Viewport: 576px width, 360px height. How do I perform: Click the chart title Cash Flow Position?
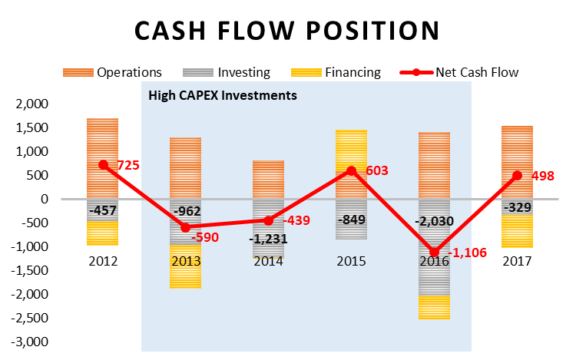click(x=287, y=30)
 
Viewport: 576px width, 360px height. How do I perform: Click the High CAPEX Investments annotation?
click(x=222, y=97)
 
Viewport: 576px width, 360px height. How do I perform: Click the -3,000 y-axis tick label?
click(x=31, y=341)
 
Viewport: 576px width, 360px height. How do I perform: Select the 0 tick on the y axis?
click(x=45, y=199)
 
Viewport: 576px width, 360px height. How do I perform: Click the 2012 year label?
click(x=103, y=261)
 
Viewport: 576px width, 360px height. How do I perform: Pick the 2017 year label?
click(x=518, y=261)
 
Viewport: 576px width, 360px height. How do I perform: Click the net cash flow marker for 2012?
click(x=103, y=164)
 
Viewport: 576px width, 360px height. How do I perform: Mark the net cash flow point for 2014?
click(x=269, y=220)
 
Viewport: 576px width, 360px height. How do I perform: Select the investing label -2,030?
click(x=435, y=221)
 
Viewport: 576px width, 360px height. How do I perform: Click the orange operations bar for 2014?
click(x=269, y=179)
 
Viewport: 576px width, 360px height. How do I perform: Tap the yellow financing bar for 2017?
click(x=518, y=230)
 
